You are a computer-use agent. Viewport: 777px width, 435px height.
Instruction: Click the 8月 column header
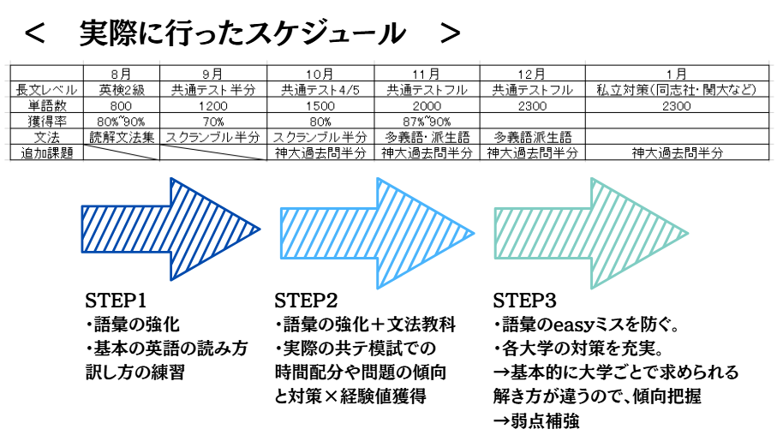point(121,74)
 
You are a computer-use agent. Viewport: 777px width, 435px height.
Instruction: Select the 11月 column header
point(425,74)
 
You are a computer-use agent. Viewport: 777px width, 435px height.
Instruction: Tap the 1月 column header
point(677,74)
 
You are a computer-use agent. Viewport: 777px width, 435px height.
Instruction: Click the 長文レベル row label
point(47,89)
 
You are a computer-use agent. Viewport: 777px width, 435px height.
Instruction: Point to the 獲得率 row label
point(47,121)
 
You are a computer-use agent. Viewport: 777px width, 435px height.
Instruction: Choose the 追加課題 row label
point(47,153)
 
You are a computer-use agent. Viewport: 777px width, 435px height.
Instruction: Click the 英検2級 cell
point(121,89)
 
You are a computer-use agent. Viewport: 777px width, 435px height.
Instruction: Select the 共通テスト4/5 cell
point(319,89)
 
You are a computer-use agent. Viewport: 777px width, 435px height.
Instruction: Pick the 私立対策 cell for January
point(677,89)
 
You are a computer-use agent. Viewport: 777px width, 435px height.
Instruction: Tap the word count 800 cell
point(121,105)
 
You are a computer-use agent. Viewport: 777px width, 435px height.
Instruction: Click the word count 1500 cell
point(319,105)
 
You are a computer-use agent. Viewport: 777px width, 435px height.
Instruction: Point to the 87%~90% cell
point(425,121)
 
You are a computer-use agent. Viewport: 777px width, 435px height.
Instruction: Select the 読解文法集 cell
point(121,137)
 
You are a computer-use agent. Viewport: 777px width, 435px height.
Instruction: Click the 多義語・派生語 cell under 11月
point(425,137)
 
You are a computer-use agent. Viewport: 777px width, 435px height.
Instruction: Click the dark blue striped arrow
point(171,229)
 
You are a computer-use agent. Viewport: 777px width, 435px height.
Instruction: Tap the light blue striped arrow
point(377,229)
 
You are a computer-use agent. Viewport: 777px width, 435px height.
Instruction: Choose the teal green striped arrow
point(591,229)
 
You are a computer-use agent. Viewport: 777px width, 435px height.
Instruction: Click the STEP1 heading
point(117,301)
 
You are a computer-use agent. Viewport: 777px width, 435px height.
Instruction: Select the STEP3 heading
point(524,301)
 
